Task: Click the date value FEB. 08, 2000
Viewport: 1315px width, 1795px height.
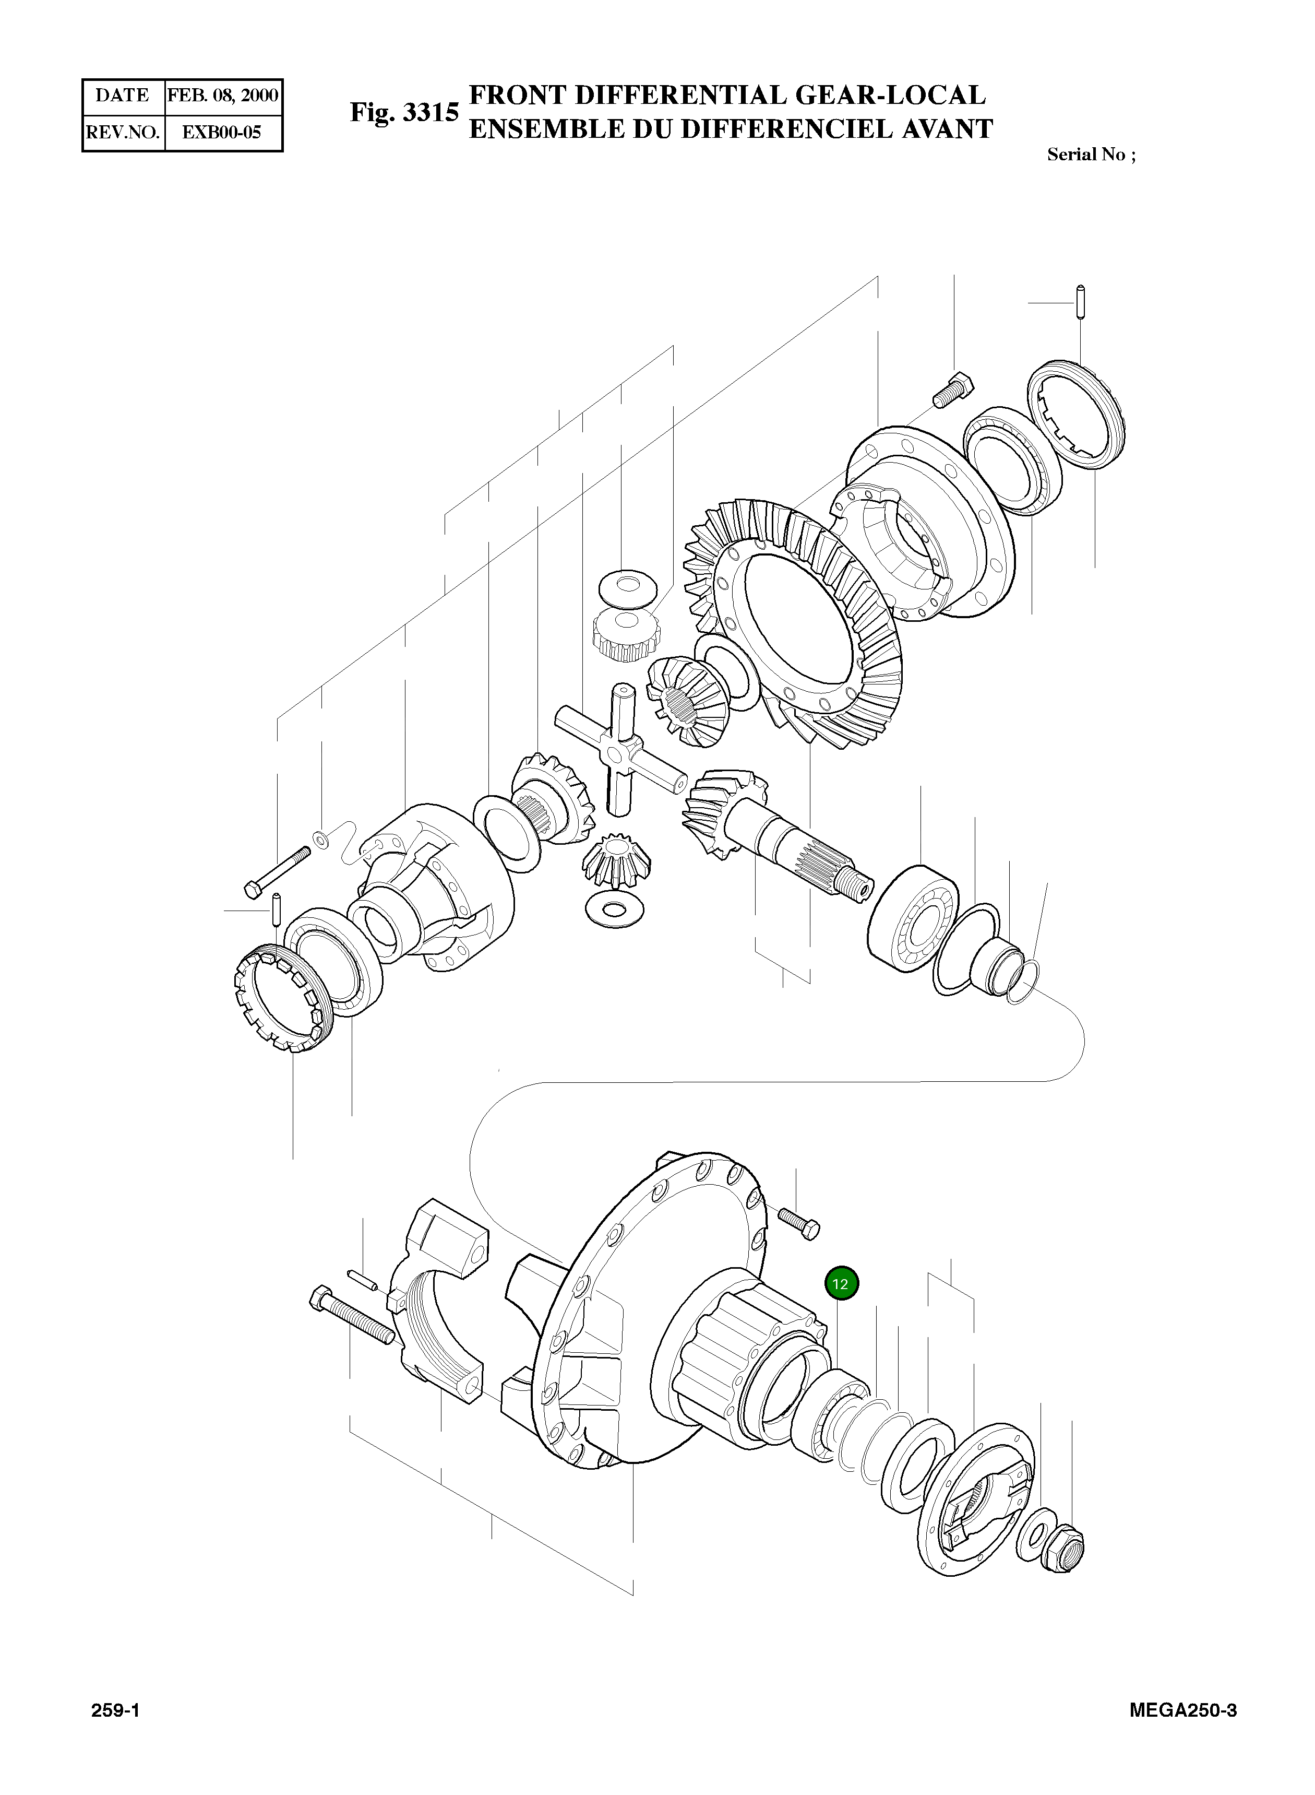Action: click(x=222, y=96)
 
